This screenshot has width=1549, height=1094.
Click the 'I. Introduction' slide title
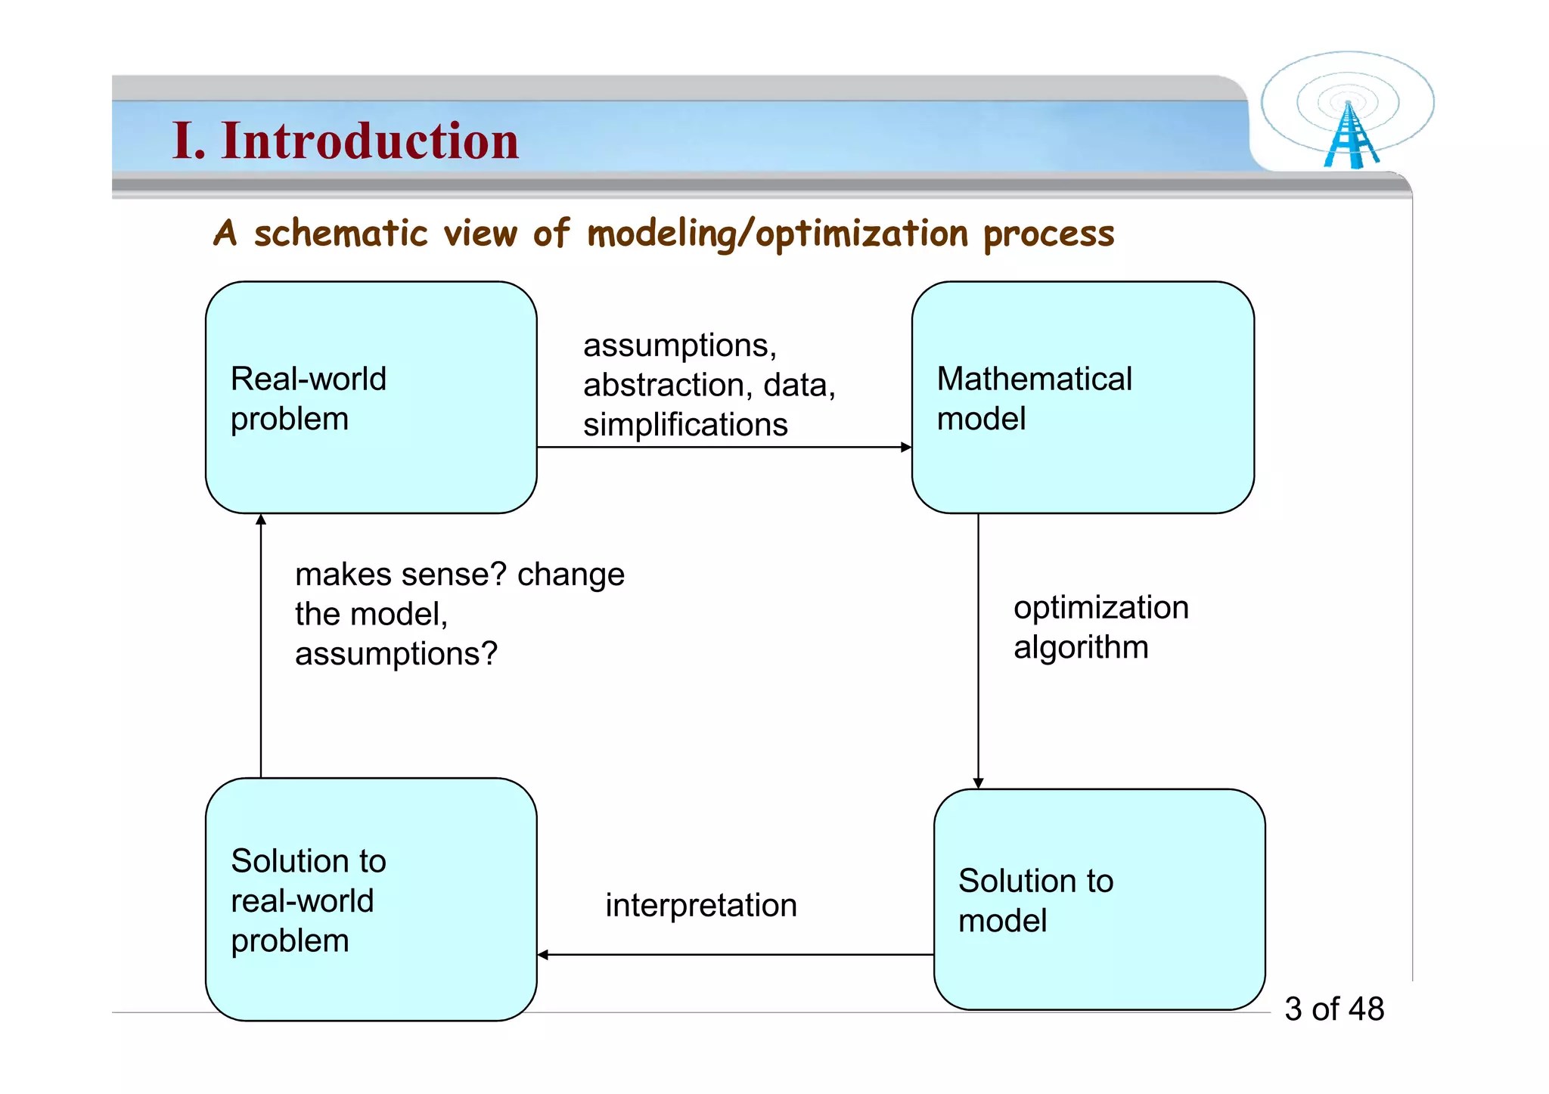pos(346,141)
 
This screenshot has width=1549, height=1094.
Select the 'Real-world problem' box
pos(371,398)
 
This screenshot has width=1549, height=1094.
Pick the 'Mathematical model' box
pos(1083,398)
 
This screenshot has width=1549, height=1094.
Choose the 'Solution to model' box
pos(1100,900)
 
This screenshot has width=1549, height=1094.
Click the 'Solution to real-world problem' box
pos(371,900)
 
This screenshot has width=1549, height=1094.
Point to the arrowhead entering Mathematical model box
pos(907,447)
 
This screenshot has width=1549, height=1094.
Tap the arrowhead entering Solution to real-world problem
pos(542,955)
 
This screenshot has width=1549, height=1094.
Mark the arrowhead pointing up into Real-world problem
pos(261,519)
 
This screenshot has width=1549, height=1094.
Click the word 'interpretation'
pos(701,906)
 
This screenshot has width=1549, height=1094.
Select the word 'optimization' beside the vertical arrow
pos(1101,608)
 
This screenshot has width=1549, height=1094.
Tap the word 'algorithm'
pos(1081,648)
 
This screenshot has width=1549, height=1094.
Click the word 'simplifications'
pos(685,425)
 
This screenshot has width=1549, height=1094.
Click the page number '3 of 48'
pos(1334,1009)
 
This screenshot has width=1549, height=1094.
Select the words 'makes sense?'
pos(401,575)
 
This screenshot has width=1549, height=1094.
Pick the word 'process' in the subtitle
pos(1049,234)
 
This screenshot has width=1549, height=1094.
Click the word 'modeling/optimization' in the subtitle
pos(778,234)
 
